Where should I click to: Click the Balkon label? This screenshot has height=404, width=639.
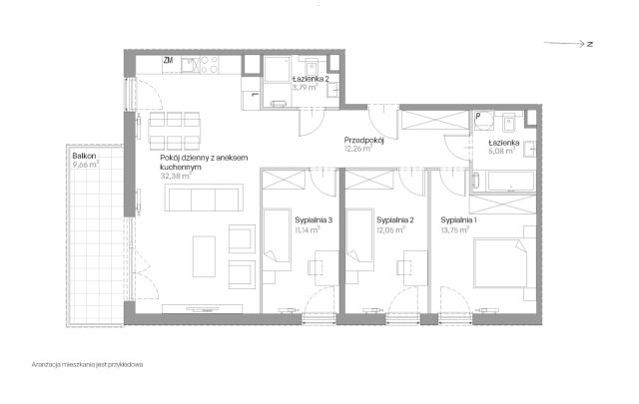click(84, 156)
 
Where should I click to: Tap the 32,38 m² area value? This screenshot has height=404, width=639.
click(176, 177)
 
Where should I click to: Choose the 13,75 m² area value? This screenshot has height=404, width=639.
click(455, 230)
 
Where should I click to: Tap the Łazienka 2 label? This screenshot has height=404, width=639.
click(311, 79)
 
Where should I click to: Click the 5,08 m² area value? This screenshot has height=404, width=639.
click(501, 151)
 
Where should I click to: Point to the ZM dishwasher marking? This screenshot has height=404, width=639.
click(168, 60)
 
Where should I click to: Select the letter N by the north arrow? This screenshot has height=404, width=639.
click(590, 44)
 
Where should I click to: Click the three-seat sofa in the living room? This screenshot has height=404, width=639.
click(204, 198)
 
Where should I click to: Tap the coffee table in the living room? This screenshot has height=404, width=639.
click(204, 256)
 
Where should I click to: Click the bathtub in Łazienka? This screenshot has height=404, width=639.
click(510, 182)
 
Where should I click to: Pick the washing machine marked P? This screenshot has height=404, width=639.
click(483, 121)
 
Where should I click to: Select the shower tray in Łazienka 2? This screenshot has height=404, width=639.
click(278, 69)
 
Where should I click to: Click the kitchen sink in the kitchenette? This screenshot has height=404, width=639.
click(190, 65)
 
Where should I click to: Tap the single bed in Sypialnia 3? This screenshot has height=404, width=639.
click(277, 239)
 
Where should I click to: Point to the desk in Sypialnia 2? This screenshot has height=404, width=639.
click(415, 267)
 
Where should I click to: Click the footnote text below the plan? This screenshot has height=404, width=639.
click(87, 365)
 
